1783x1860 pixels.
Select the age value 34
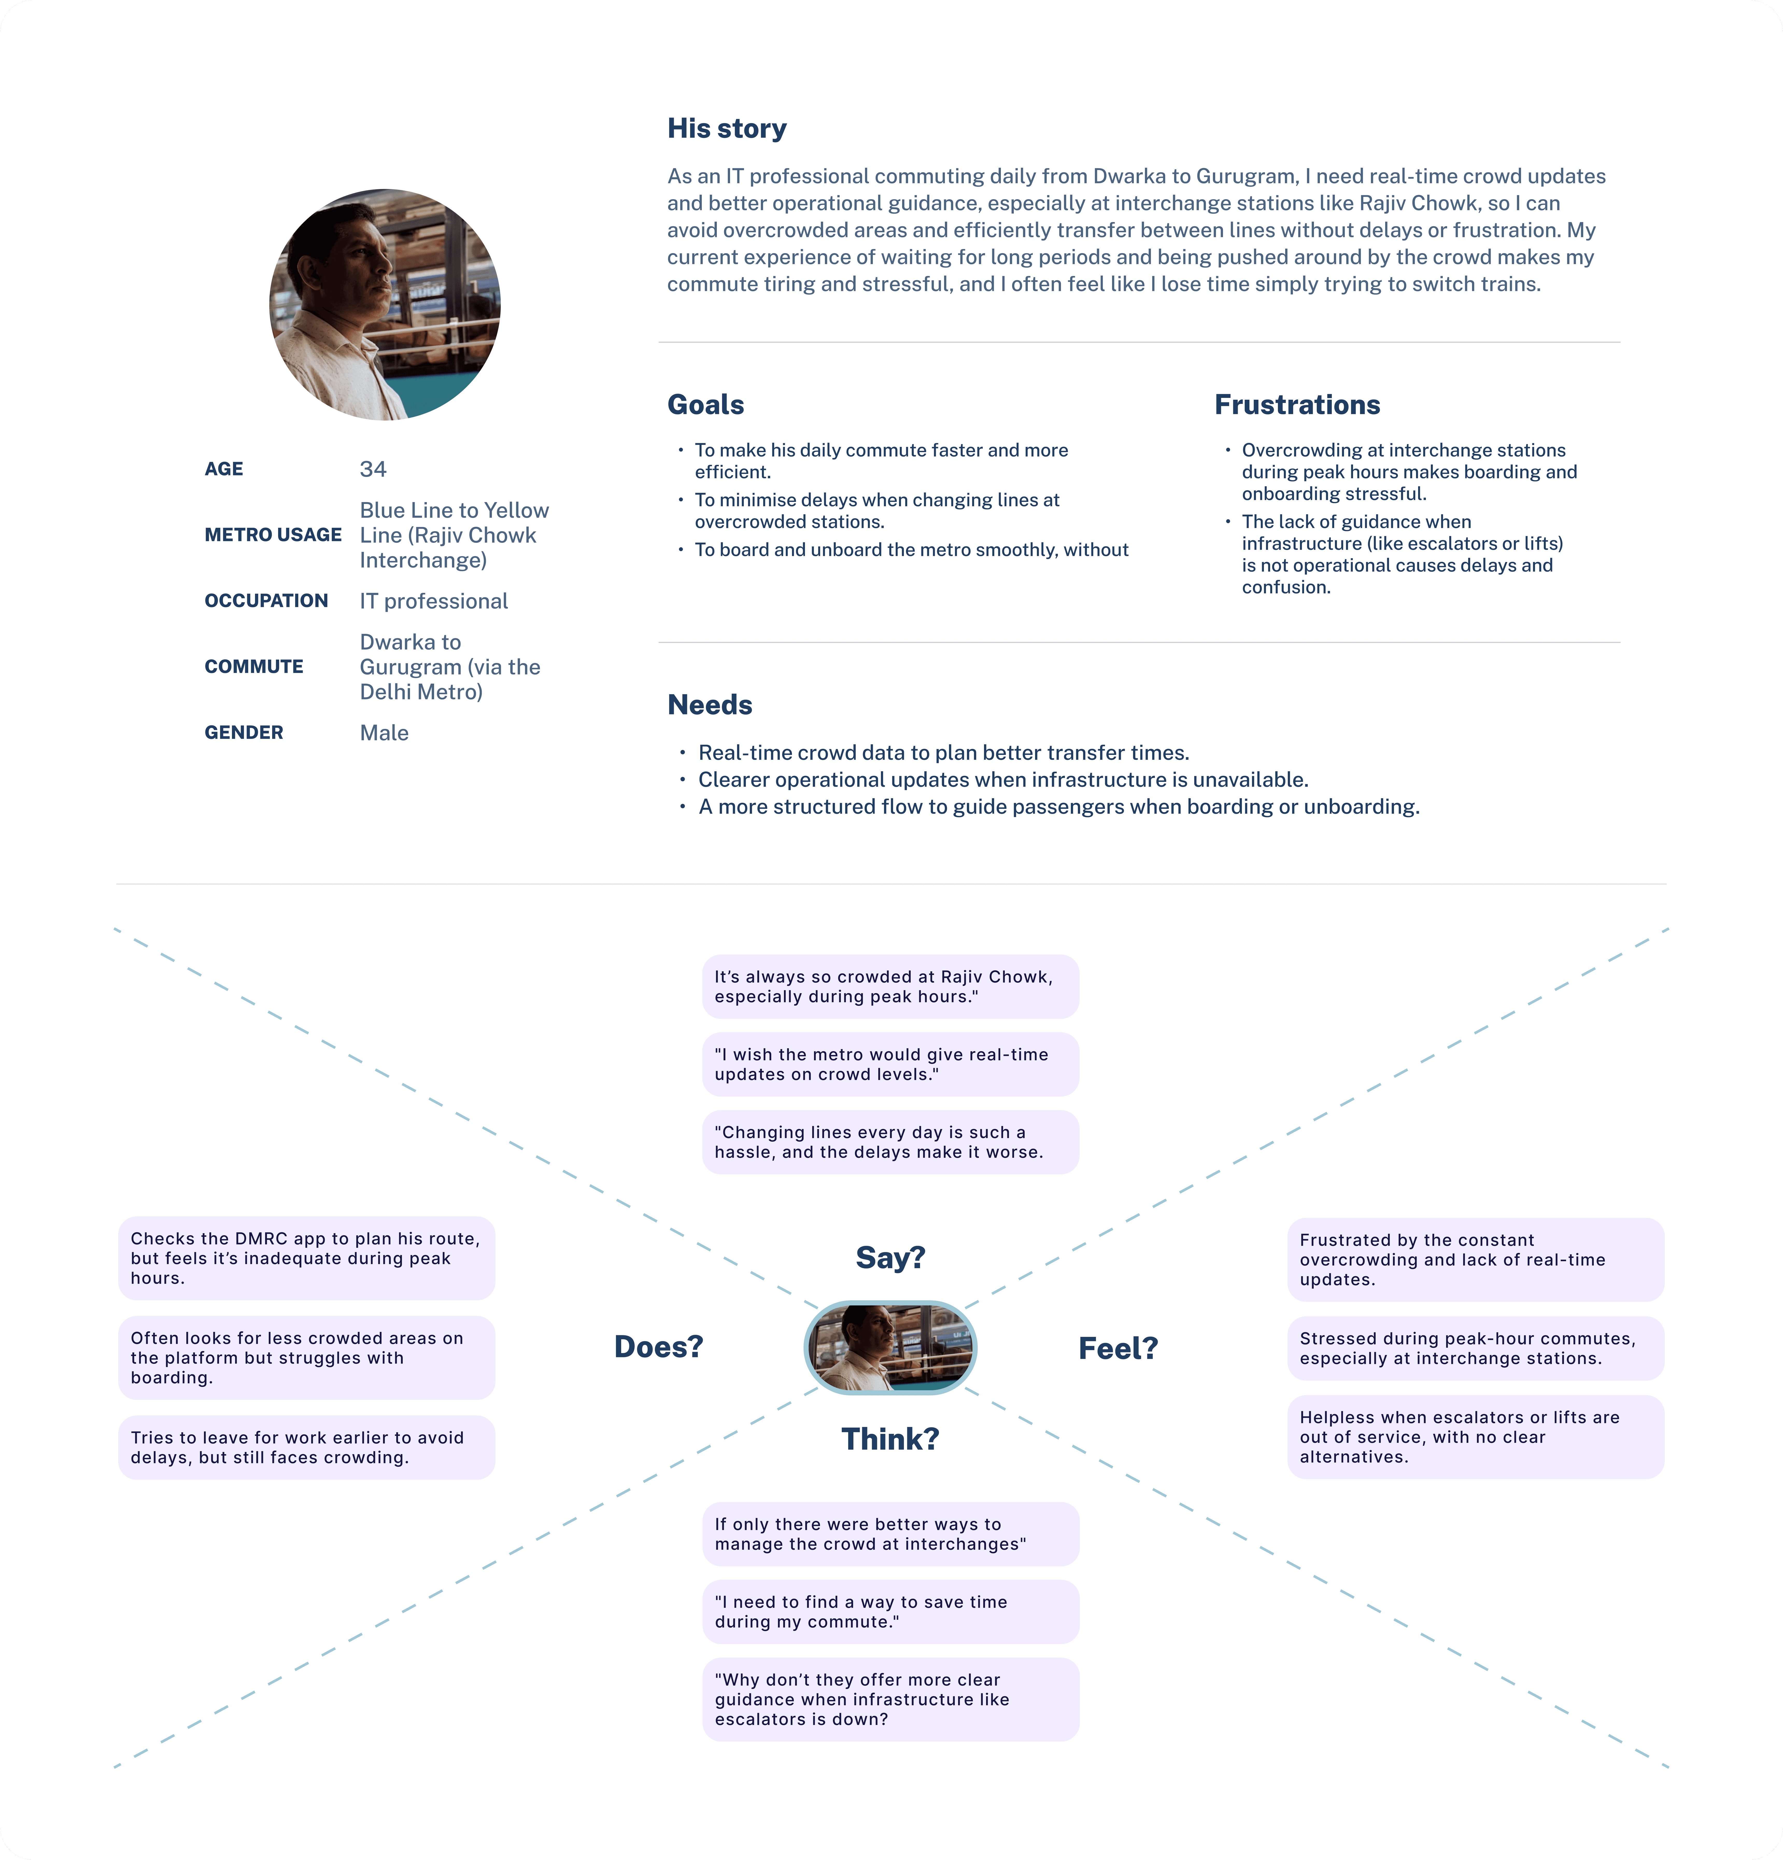(x=373, y=469)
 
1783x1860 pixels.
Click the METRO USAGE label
(x=272, y=535)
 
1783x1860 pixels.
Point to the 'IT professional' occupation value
(x=434, y=601)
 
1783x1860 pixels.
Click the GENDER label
(x=244, y=733)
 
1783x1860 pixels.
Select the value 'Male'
(x=384, y=733)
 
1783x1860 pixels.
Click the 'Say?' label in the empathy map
(x=890, y=1257)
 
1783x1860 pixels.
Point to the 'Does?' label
(x=659, y=1347)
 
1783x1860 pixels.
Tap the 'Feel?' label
(x=1118, y=1349)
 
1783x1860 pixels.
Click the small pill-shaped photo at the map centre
(x=890, y=1347)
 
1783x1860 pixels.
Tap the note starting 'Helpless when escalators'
(x=1476, y=1437)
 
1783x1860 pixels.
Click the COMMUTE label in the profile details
(x=253, y=667)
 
